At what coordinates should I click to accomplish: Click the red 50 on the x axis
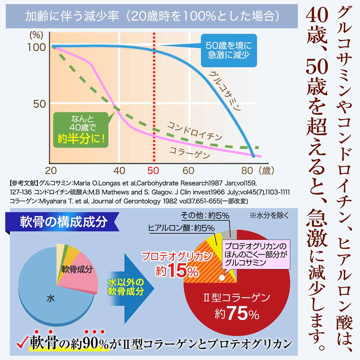pos(154,170)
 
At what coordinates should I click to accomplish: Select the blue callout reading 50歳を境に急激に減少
pos(229,50)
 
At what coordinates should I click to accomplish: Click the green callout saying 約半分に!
pos(80,129)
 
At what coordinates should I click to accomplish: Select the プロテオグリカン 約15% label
pos(169,265)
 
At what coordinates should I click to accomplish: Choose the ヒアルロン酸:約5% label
pos(181,228)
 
